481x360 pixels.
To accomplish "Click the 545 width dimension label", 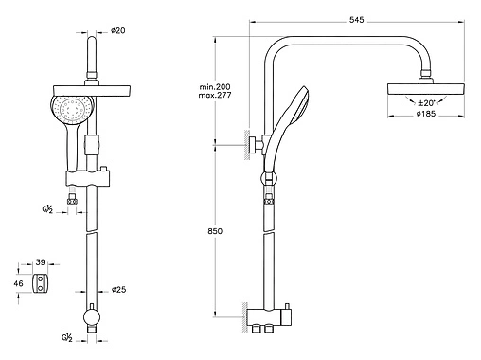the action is pyautogui.click(x=356, y=20).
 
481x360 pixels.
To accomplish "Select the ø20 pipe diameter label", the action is pyautogui.click(x=118, y=30).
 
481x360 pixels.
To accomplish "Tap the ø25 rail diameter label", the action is pyautogui.click(x=118, y=289).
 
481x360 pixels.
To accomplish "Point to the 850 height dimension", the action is pyautogui.click(x=215, y=231).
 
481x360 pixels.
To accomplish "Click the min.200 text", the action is pyautogui.click(x=215, y=86).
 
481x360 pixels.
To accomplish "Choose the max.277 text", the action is pyautogui.click(x=215, y=95).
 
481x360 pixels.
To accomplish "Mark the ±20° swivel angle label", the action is pyautogui.click(x=426, y=103).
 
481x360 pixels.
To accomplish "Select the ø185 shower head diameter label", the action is pyautogui.click(x=426, y=114).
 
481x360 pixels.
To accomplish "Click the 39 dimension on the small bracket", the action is pyautogui.click(x=41, y=262).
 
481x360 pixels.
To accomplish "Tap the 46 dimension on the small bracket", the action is pyautogui.click(x=18, y=283).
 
